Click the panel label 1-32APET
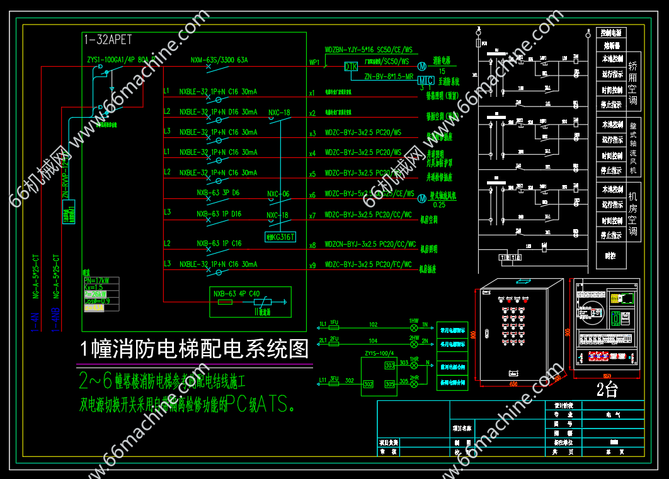(x=108, y=40)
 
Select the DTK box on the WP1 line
(x=351, y=67)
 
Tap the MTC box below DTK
(x=426, y=81)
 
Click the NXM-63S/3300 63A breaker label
(x=219, y=60)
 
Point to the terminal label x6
(x=312, y=195)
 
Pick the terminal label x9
(x=312, y=266)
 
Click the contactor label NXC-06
(x=278, y=194)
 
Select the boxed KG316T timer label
(x=280, y=237)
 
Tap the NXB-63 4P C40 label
(x=236, y=293)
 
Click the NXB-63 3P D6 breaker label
(x=218, y=193)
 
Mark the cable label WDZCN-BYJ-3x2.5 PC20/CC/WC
(x=370, y=244)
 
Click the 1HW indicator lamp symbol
(x=414, y=328)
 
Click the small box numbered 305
(x=388, y=383)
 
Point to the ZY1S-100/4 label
(x=379, y=354)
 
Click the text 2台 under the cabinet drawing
(x=607, y=390)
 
